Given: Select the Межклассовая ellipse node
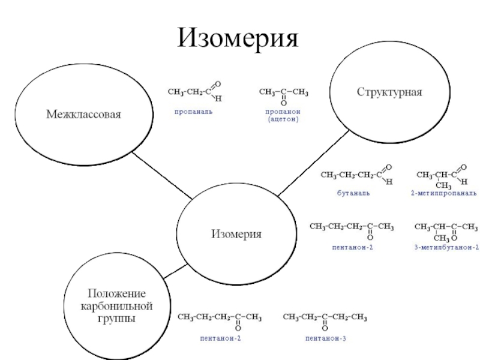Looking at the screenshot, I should [x=84, y=113].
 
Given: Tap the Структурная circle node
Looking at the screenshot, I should [x=389, y=92].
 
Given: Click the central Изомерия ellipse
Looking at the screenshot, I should [x=236, y=234].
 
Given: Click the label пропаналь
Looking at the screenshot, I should [x=193, y=111].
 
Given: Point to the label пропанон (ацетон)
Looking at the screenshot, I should [x=283, y=115].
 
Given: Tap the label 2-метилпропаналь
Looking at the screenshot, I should [x=444, y=193].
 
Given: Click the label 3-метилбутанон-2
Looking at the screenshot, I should [x=446, y=247].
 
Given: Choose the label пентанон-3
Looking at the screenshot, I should [x=326, y=339].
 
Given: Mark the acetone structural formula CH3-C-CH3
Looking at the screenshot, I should [x=284, y=95].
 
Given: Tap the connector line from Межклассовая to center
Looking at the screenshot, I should [x=162, y=175].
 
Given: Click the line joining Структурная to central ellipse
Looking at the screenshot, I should [x=313, y=162].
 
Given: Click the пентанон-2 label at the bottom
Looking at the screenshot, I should [x=221, y=339].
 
